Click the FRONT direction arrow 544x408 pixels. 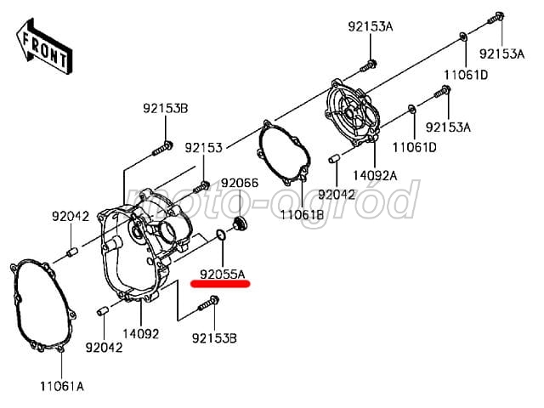point(44,47)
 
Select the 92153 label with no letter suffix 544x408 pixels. point(203,148)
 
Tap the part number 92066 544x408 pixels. point(240,183)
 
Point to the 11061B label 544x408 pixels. point(302,215)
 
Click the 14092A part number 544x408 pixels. point(375,176)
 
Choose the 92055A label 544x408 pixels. point(223,275)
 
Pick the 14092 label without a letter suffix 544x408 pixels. point(141,334)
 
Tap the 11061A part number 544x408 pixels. point(62,386)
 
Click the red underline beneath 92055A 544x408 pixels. point(221,285)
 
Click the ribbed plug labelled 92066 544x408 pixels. point(240,223)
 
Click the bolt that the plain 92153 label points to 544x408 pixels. point(201,187)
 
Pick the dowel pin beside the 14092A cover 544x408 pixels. point(333,159)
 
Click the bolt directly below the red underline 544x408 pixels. point(208,304)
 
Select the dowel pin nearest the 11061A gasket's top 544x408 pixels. point(72,252)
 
